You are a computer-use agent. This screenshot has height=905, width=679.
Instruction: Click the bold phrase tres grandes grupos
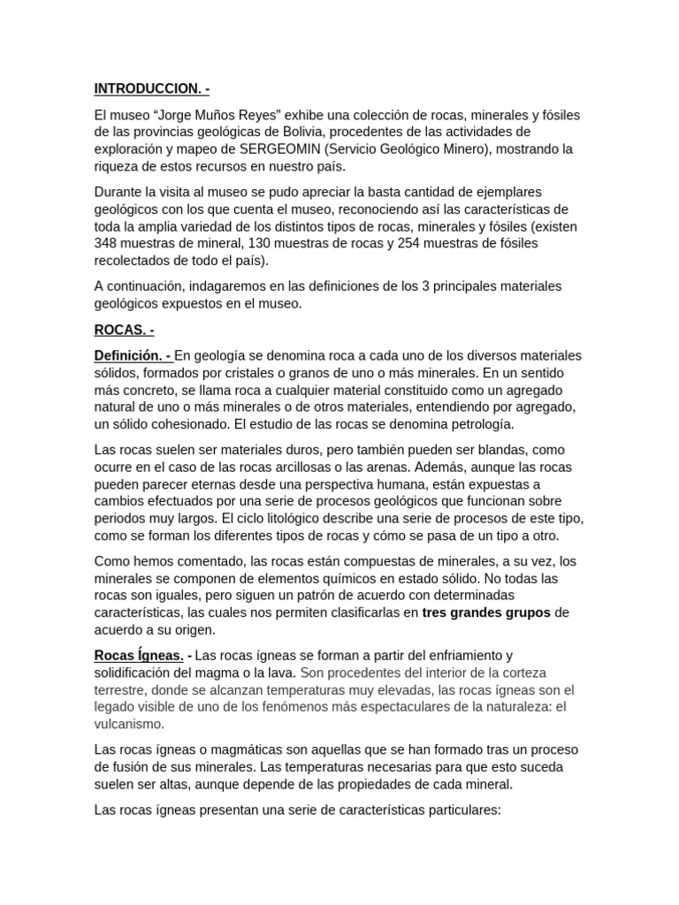[x=486, y=612]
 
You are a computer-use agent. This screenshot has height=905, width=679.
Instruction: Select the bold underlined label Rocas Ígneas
[x=139, y=655]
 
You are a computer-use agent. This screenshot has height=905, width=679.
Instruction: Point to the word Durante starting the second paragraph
[x=119, y=192]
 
